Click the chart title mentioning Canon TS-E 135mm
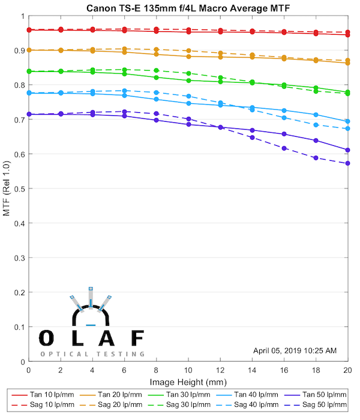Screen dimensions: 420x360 coord(187,7)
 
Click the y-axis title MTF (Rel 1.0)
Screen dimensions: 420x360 coord(7,188)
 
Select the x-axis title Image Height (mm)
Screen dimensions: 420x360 coord(188,382)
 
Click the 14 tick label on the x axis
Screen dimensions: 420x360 coord(252,371)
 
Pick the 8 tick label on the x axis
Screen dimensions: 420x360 coord(156,371)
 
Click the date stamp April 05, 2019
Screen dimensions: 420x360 coord(295,350)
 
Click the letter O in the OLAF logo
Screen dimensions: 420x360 coord(46,338)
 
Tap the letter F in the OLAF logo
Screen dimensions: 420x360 coord(137,338)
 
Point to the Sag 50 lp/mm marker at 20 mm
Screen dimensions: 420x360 coord(347,163)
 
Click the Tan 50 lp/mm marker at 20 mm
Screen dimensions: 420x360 coord(347,150)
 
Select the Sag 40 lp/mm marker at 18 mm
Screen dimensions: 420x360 coord(316,125)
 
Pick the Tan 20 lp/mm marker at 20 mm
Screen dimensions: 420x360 coord(347,62)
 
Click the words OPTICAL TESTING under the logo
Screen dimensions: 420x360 coord(92,354)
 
